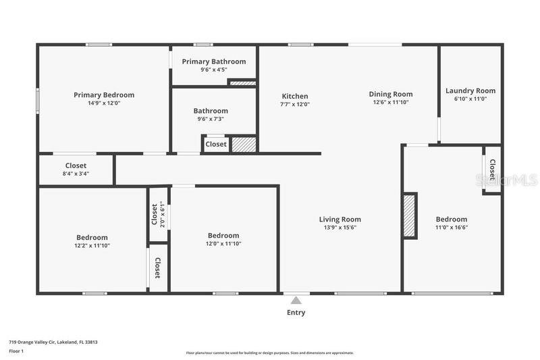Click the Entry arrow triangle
(x=296, y=301)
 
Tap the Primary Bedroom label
(x=104, y=95)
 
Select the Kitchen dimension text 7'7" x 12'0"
(x=295, y=104)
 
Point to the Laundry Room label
(x=470, y=91)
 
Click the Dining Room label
(x=391, y=94)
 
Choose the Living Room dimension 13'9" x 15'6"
(x=340, y=228)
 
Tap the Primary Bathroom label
(x=214, y=61)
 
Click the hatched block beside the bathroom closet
(x=244, y=145)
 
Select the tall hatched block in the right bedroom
(x=410, y=215)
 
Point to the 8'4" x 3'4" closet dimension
(x=76, y=174)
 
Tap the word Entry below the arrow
(x=296, y=313)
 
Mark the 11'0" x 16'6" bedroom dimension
(x=452, y=228)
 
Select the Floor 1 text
(x=16, y=351)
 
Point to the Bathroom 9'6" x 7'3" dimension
(x=211, y=119)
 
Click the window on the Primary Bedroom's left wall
(x=38, y=100)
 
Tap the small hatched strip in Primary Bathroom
(x=243, y=83)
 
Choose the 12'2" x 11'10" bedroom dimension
(x=92, y=246)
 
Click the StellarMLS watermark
(x=506, y=180)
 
